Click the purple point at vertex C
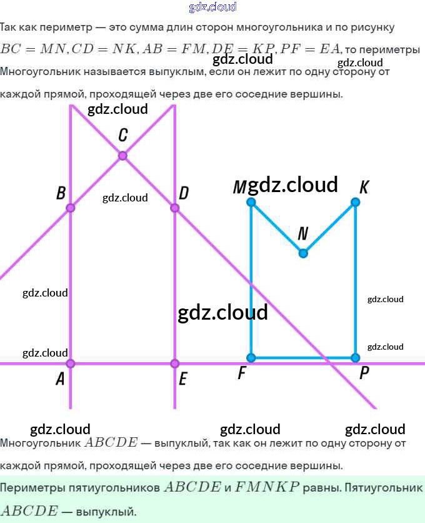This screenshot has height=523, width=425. (122, 155)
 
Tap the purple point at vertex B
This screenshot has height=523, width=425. (71, 208)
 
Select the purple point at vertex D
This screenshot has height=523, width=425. (174, 208)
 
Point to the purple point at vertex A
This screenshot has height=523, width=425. (71, 363)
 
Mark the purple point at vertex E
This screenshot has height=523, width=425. (174, 363)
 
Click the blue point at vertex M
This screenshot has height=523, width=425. (251, 202)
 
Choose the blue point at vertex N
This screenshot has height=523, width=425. (303, 253)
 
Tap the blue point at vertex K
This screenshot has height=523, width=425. (355, 202)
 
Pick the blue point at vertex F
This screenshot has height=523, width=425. (251, 358)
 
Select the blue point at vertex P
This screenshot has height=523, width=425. (355, 358)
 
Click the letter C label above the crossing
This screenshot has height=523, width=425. (123, 135)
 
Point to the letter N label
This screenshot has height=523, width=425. (303, 234)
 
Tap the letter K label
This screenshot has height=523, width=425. (364, 187)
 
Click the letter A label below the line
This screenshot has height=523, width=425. (61, 379)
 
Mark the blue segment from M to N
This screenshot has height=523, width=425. (277, 228)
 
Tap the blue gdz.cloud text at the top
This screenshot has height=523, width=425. (212, 7)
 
